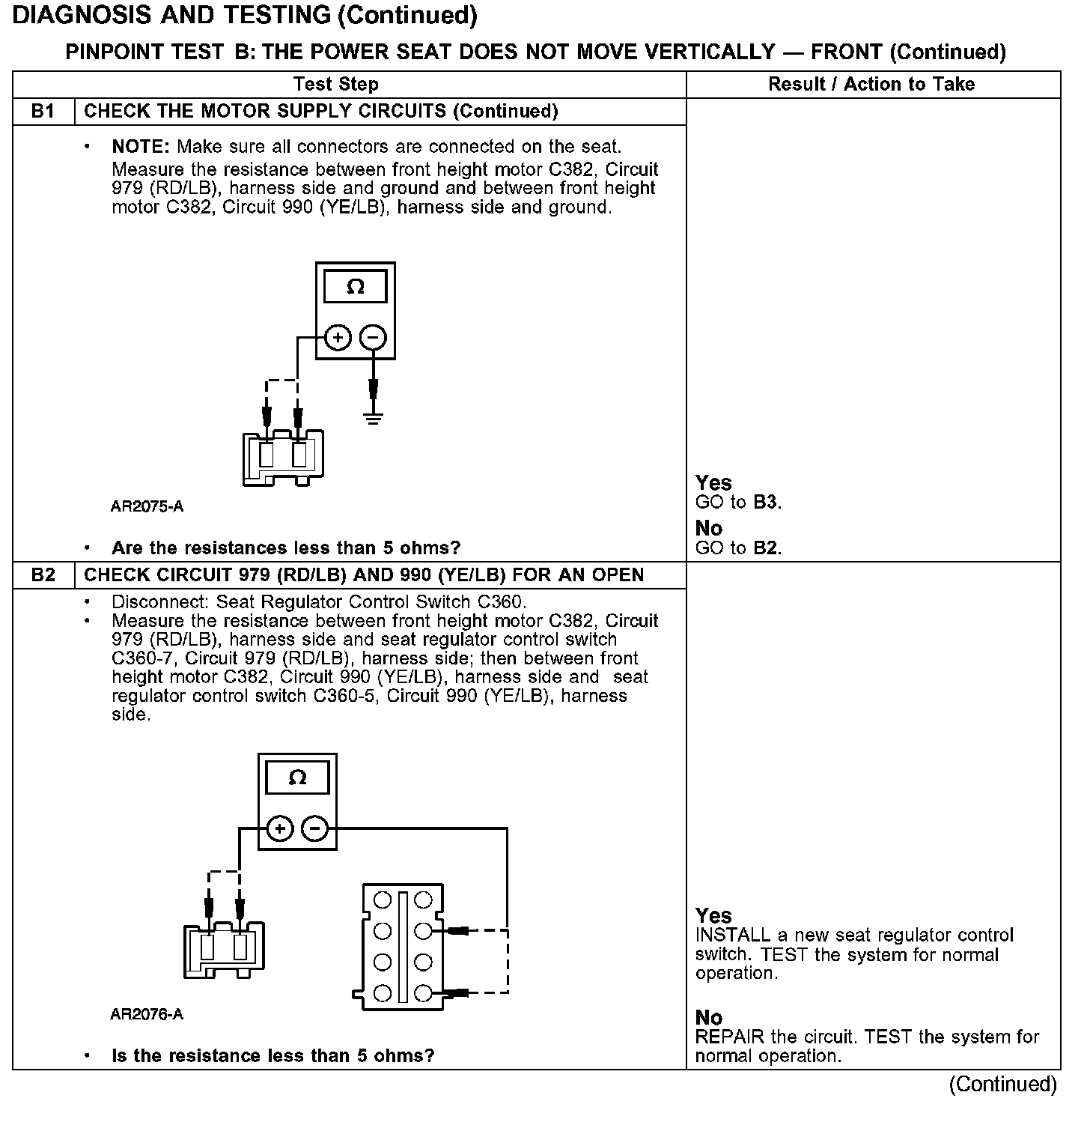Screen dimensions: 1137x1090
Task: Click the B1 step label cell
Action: [43, 112]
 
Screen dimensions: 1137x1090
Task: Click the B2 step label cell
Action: [43, 575]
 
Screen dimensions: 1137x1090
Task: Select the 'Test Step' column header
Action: [335, 84]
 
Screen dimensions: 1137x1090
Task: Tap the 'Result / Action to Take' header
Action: [871, 84]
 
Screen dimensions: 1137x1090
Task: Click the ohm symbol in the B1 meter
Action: [356, 288]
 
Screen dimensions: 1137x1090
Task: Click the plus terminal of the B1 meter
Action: [338, 338]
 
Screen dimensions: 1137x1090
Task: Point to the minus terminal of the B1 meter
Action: [373, 338]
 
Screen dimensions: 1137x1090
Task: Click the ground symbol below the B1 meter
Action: [374, 416]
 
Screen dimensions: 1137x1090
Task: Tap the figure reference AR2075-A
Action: [147, 506]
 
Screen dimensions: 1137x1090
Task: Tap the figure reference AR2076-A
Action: [147, 1014]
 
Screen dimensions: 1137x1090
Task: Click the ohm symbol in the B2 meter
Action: [297, 778]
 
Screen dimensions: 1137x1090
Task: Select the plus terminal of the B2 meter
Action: [279, 828]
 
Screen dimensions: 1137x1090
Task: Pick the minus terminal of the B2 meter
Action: [314, 828]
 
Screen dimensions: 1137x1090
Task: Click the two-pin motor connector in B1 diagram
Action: [283, 457]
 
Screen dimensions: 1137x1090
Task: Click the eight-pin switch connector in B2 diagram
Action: [403, 946]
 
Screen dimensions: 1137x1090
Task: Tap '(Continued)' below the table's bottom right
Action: [1002, 1084]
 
